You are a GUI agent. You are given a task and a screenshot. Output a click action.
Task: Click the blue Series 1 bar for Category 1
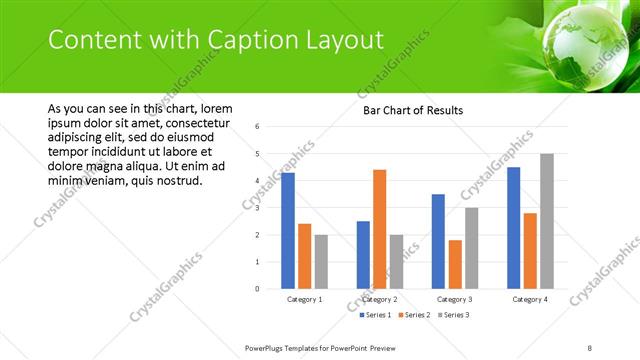pos(288,231)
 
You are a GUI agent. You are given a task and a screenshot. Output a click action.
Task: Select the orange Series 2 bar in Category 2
pos(380,229)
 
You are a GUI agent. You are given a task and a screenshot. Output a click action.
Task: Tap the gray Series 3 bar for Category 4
pos(546,221)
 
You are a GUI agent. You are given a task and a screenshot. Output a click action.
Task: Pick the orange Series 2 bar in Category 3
pos(455,264)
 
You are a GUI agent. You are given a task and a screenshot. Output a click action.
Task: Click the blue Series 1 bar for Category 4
pos(514,228)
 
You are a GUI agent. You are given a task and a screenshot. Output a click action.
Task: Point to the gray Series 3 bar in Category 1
pos(321,262)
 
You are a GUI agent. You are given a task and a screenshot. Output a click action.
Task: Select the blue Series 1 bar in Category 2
pos(363,255)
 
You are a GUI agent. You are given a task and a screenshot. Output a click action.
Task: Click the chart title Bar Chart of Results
pos(413,110)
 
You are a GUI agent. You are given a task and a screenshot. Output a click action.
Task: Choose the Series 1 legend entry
pos(377,315)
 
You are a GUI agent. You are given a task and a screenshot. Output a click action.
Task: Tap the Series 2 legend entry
pos(413,315)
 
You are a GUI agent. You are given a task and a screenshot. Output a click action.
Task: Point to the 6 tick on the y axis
pos(258,127)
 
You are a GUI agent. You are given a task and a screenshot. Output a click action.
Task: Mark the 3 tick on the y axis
pos(258,208)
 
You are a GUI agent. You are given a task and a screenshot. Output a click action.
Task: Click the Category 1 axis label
pos(305,299)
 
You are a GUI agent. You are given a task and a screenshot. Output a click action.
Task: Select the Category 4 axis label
pos(530,299)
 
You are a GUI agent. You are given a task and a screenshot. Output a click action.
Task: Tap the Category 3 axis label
pos(455,299)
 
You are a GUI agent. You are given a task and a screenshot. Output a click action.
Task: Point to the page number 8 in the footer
pos(590,347)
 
